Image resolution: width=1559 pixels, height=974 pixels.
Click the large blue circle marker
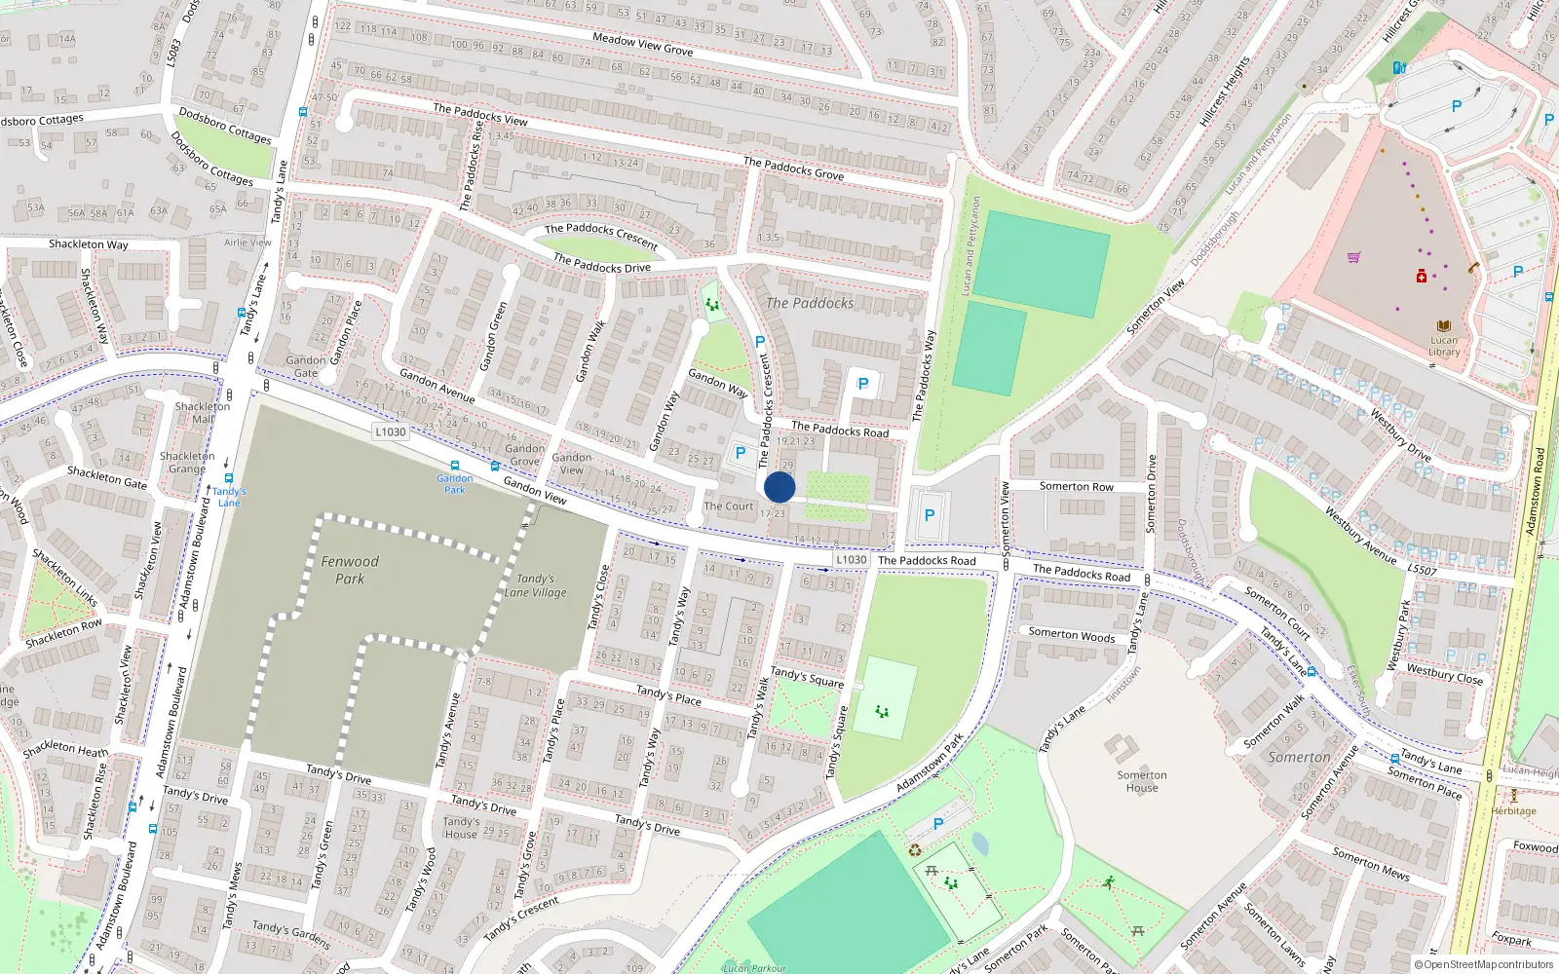point(779,487)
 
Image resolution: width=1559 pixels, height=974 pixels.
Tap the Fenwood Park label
point(350,570)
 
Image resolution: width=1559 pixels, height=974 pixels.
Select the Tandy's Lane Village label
point(535,585)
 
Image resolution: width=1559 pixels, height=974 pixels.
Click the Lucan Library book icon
point(1444,326)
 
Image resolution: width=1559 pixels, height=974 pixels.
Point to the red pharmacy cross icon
point(1422,277)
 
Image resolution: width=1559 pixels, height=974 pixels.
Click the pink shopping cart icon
point(1353,257)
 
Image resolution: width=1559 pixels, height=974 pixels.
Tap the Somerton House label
point(1142,781)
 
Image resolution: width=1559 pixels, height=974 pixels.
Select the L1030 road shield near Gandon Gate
point(390,431)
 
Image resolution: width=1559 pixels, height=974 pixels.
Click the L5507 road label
point(1422,569)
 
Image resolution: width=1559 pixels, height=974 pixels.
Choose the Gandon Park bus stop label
point(455,483)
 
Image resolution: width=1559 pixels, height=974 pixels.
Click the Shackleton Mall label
point(203,412)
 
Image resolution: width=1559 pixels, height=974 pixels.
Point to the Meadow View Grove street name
point(643,44)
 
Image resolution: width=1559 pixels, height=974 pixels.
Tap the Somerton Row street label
point(1076,486)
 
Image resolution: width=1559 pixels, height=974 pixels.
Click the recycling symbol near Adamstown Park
point(915,850)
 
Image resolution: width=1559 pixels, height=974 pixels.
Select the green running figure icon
point(1109,882)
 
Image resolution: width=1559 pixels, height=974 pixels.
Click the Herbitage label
point(1513,810)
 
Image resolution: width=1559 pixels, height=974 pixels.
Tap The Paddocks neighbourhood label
point(810,303)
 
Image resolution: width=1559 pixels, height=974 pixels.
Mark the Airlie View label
point(247,243)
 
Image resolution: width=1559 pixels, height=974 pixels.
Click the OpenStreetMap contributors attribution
point(1484,965)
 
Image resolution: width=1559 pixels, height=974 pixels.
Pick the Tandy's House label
point(461,827)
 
